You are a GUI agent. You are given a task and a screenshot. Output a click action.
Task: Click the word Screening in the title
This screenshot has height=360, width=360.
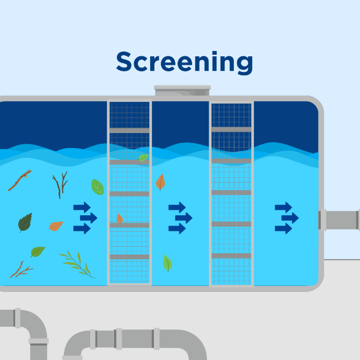pyautogui.click(x=184, y=63)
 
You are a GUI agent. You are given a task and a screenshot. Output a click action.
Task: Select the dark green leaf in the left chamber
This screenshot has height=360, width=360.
pyautogui.click(x=25, y=222)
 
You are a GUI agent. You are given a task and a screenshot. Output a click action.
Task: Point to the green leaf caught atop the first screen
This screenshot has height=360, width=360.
pyautogui.click(x=143, y=158)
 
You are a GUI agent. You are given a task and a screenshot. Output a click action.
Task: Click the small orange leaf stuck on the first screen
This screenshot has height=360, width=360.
pyautogui.click(x=120, y=218)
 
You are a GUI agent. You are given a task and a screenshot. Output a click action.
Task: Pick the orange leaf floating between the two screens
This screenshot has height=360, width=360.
pyautogui.click(x=160, y=182)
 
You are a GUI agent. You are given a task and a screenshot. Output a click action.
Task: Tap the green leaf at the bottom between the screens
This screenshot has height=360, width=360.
pyautogui.click(x=167, y=263)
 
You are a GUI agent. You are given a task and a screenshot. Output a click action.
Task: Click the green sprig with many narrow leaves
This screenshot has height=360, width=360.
pyautogui.click(x=77, y=263)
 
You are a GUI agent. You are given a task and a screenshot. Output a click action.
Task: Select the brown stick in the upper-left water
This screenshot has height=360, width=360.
pyautogui.click(x=19, y=180)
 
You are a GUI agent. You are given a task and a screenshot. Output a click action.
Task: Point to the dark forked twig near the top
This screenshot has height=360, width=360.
pyautogui.click(x=60, y=185)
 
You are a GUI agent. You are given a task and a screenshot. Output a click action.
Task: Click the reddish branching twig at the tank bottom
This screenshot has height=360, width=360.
pyautogui.click(x=20, y=270)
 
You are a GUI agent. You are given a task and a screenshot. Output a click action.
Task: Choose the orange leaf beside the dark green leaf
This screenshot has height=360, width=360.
pyautogui.click(x=56, y=226)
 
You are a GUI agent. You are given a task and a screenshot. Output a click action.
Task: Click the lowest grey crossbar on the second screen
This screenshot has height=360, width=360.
pyautogui.click(x=231, y=256)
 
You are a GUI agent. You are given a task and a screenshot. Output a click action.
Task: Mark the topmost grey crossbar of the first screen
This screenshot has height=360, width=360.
pyautogui.click(x=129, y=130)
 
